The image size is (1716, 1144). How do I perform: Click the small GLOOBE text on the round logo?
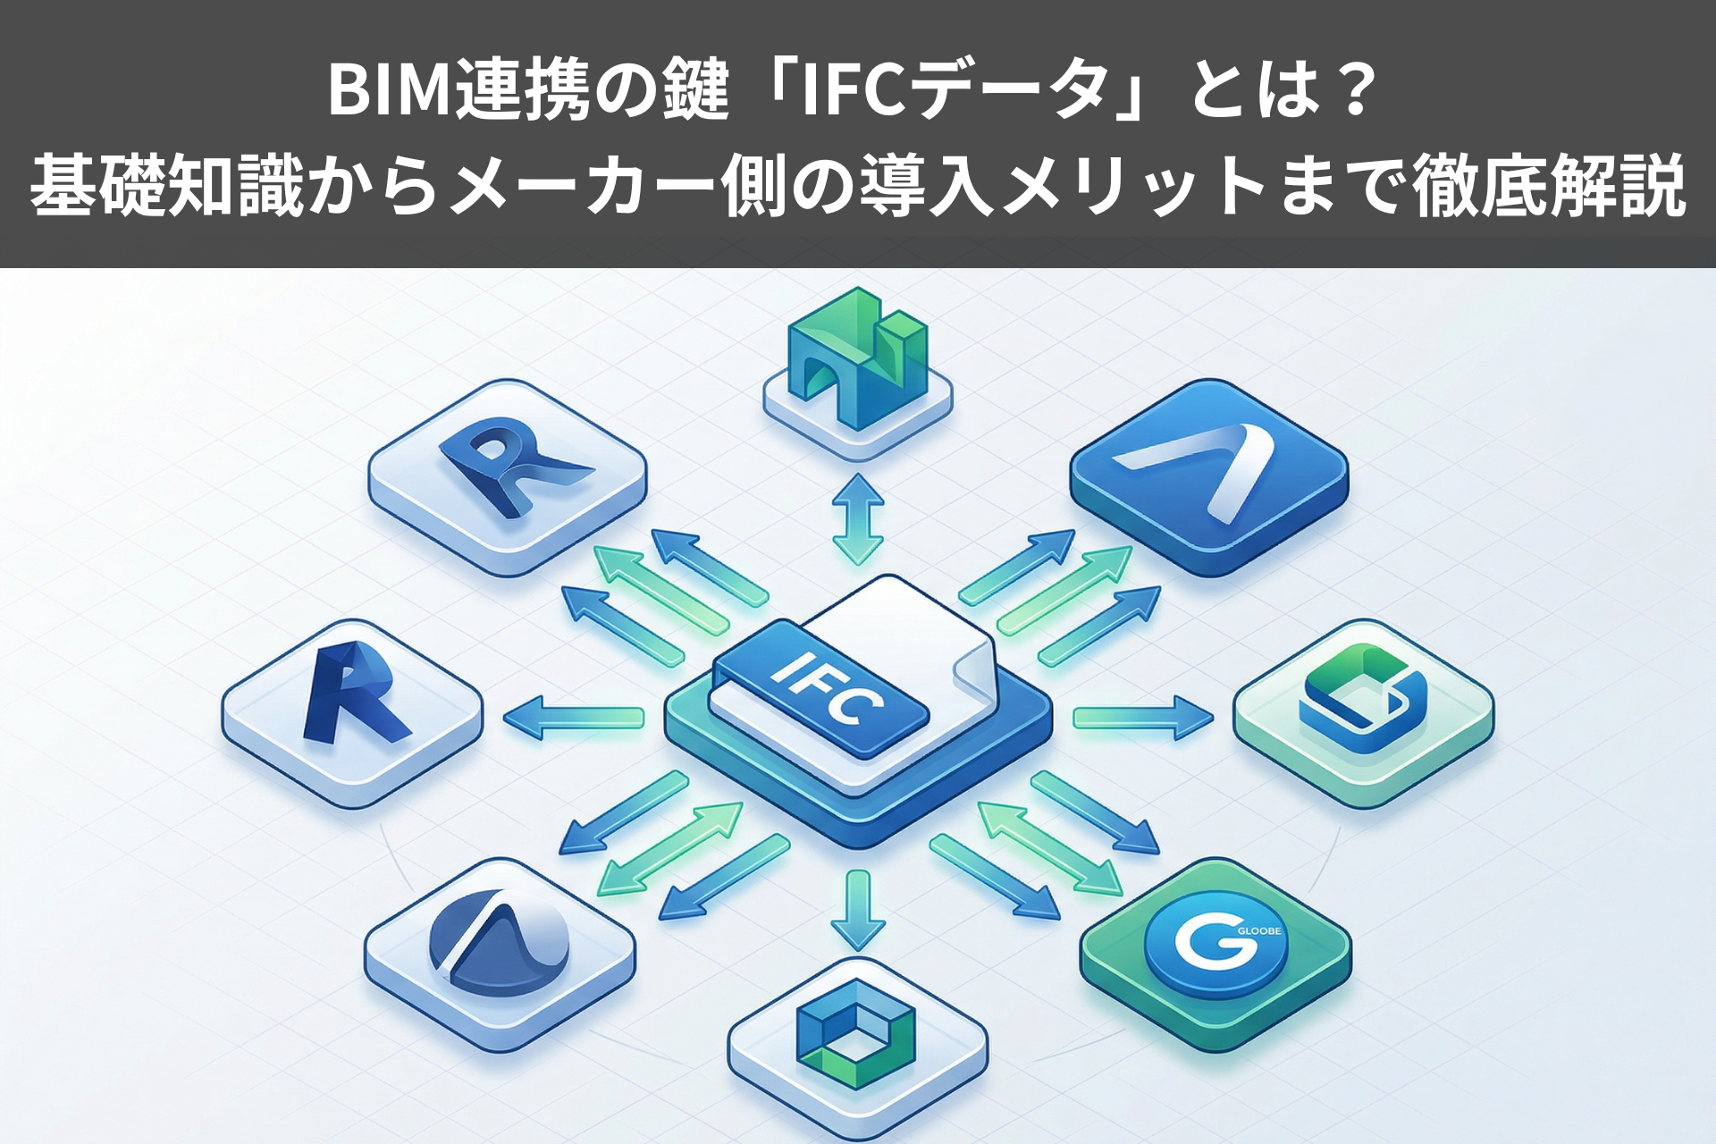(x=1259, y=930)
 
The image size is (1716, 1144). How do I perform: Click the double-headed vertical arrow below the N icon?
(x=858, y=518)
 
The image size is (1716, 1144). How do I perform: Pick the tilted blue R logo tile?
(x=507, y=466)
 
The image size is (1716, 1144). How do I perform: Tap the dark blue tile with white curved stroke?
(x=1208, y=475)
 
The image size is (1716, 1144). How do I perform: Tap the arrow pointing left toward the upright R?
(x=573, y=718)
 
